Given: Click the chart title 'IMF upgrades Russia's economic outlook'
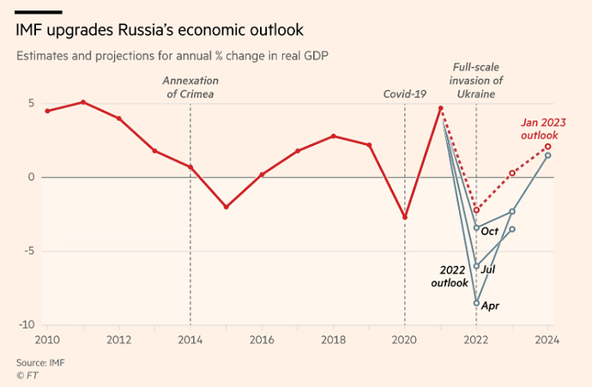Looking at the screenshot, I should (159, 31).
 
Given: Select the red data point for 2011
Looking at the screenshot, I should (82, 102).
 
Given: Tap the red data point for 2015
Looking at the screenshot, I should (226, 207).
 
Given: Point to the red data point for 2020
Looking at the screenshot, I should (405, 217).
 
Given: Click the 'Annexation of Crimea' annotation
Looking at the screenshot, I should (189, 87).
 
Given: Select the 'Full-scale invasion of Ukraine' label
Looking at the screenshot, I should (476, 80).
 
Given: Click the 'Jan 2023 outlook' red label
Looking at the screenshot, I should (540, 129).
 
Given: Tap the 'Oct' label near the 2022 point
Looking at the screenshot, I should (490, 231).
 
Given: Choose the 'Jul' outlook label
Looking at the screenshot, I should (488, 269).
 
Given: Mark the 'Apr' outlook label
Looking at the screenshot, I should (491, 305).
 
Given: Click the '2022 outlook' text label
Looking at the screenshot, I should (451, 276).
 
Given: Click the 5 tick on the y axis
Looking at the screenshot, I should (31, 104).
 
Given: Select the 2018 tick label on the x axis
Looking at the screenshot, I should (333, 339).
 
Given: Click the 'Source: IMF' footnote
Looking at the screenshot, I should (40, 362).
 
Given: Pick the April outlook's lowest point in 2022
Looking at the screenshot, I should (476, 303).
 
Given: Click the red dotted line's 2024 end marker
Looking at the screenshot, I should (547, 147).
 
